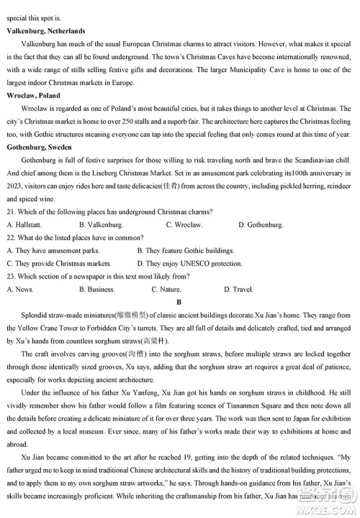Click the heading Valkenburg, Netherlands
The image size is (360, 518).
click(x=45, y=31)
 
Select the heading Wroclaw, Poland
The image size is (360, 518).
click(x=33, y=95)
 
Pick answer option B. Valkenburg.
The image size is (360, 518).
click(x=105, y=225)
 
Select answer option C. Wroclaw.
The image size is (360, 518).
click(x=184, y=225)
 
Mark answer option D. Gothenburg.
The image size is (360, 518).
click(x=260, y=225)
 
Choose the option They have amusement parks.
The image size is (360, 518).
click(x=55, y=251)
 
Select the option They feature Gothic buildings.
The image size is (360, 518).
click(x=185, y=251)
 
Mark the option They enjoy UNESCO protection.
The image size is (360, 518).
click(x=189, y=264)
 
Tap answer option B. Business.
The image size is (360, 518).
click(x=97, y=289)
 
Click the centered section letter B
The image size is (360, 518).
click(x=179, y=302)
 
